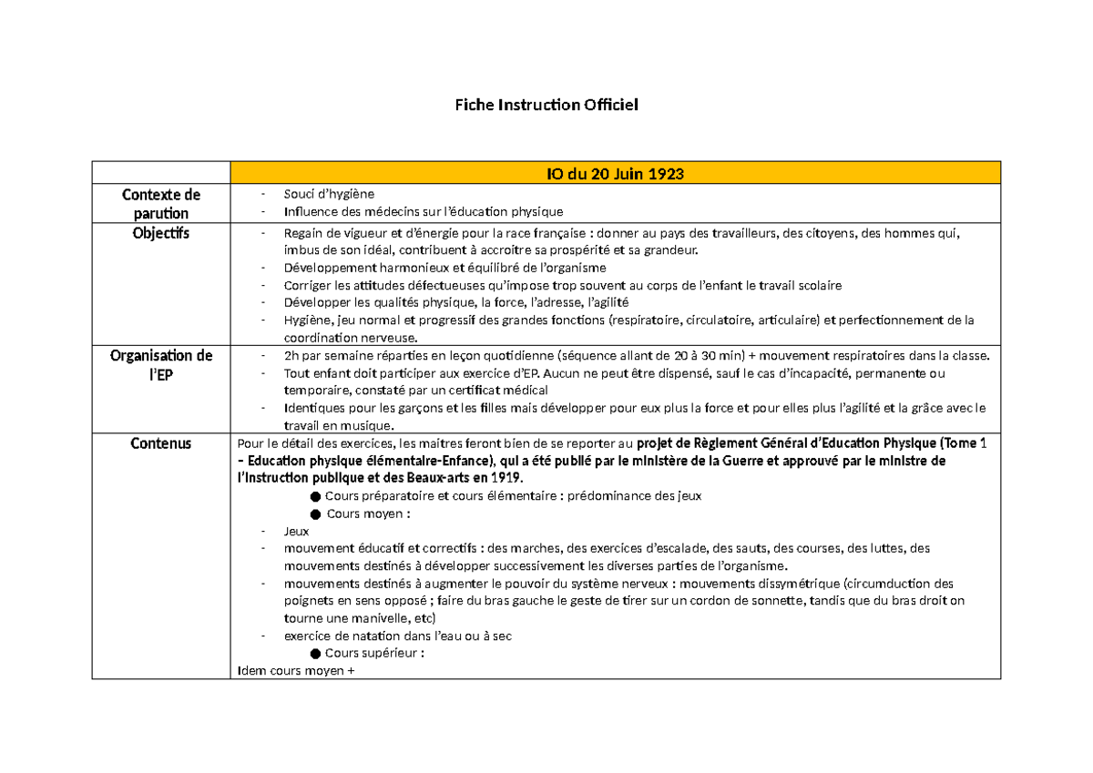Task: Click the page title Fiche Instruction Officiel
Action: tap(546, 106)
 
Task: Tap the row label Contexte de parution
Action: tap(160, 203)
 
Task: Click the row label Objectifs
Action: tap(160, 233)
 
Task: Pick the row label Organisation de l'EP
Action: tap(160, 364)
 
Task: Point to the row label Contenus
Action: tap(160, 443)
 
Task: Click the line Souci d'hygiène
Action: tap(329, 194)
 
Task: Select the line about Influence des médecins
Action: tap(423, 212)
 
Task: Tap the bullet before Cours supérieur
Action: tap(315, 654)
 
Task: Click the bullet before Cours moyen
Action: tap(315, 514)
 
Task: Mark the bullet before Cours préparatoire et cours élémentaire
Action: tap(315, 496)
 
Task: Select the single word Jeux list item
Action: tap(296, 531)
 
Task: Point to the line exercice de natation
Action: tap(397, 636)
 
